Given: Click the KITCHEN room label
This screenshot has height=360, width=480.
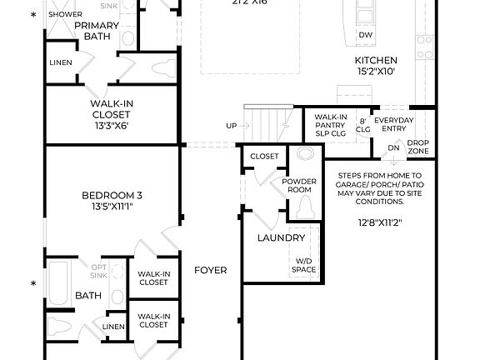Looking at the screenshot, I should (x=376, y=61).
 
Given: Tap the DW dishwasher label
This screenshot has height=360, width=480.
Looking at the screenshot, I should (x=365, y=35).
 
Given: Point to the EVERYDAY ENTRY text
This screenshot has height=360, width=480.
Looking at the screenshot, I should (x=393, y=124).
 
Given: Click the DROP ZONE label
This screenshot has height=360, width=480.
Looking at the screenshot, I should (x=417, y=147).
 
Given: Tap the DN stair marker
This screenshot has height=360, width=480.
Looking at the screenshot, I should (x=393, y=148).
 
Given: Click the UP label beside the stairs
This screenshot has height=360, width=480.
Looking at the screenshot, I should (x=232, y=125).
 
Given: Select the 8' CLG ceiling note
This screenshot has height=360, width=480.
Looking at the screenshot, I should (x=363, y=124).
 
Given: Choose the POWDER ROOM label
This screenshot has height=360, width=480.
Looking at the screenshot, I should (x=298, y=185).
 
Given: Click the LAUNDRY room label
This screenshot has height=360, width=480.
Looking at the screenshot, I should (x=280, y=237).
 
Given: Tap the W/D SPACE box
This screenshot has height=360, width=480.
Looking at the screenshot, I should (x=303, y=265).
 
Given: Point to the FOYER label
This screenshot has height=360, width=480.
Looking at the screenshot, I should (x=211, y=271).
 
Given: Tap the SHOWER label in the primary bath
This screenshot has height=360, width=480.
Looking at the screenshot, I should (x=64, y=15).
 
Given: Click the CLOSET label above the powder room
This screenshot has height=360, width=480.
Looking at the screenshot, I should (x=264, y=156).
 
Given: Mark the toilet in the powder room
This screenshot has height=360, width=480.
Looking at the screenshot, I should (x=305, y=207).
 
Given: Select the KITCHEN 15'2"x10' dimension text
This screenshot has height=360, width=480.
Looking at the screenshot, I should (x=376, y=72).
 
